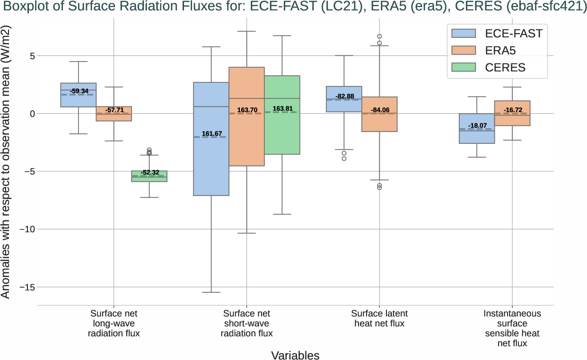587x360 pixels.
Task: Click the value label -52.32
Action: point(149,172)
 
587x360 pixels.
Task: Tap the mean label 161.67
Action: point(211,134)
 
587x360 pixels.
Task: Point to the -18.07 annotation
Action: point(477,126)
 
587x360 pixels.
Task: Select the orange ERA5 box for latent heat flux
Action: point(379,123)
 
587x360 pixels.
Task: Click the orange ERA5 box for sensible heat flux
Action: point(512,118)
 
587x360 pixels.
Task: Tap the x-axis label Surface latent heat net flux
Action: point(379,318)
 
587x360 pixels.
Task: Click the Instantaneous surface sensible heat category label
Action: point(512,328)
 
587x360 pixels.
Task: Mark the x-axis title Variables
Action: point(295,355)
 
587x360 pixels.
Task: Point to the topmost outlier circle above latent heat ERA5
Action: point(379,36)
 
